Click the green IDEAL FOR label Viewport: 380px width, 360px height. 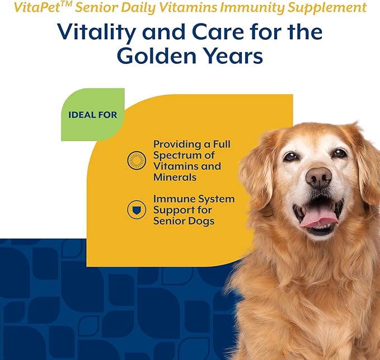point(92,115)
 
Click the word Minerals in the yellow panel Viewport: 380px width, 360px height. point(175,177)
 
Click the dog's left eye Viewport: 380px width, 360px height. point(290,156)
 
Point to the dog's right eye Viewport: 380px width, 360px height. point(339,153)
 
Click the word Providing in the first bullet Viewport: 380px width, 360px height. point(175,144)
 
